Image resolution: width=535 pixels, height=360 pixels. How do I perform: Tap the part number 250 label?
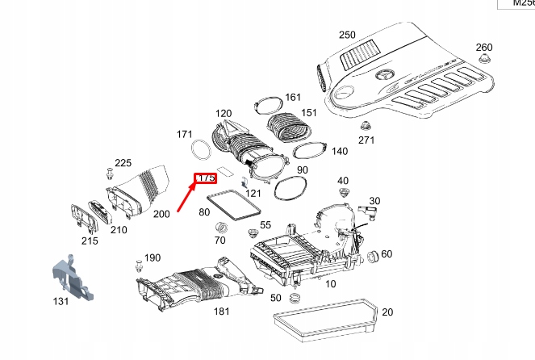coord(346,35)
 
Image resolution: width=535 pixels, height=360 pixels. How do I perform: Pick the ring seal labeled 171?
coord(199,149)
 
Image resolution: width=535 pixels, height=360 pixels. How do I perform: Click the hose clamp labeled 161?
coord(265,105)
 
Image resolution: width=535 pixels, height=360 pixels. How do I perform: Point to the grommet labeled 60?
coord(374,257)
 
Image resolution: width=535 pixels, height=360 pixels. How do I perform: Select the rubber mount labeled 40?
coord(343,195)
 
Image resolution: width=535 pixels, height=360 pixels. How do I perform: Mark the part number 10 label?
coord(331,284)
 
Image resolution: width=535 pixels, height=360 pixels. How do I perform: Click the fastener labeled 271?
coord(366,127)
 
